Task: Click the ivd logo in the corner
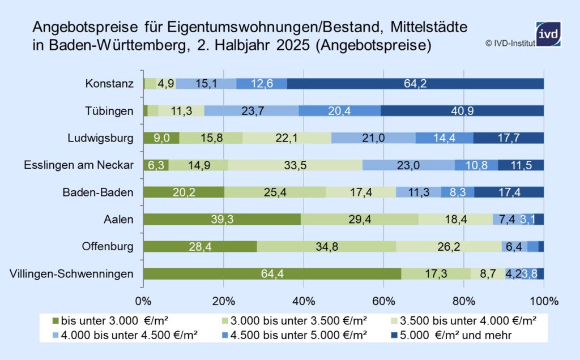548,33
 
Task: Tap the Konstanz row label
109,84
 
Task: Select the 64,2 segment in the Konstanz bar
415,84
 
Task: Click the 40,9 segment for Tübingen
462,111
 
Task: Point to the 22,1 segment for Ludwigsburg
287,138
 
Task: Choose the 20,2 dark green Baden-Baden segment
184,192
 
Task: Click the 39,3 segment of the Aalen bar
222,220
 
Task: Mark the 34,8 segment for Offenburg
326,246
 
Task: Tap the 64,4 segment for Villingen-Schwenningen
272,274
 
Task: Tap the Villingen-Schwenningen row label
71,274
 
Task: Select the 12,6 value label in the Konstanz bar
262,84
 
